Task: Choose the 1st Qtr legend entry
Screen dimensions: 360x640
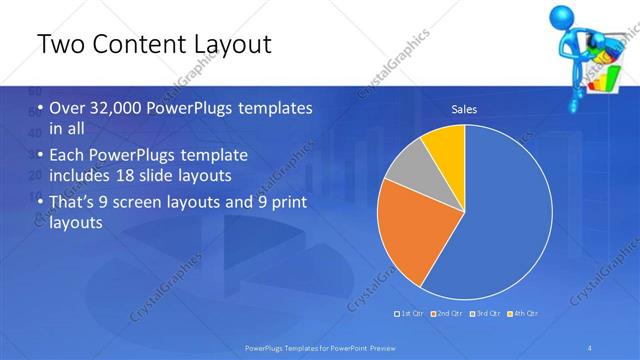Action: pos(412,314)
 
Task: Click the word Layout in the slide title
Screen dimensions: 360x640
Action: pos(224,45)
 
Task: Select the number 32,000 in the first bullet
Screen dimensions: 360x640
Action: pos(117,109)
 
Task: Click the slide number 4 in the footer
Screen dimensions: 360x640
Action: pos(591,347)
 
